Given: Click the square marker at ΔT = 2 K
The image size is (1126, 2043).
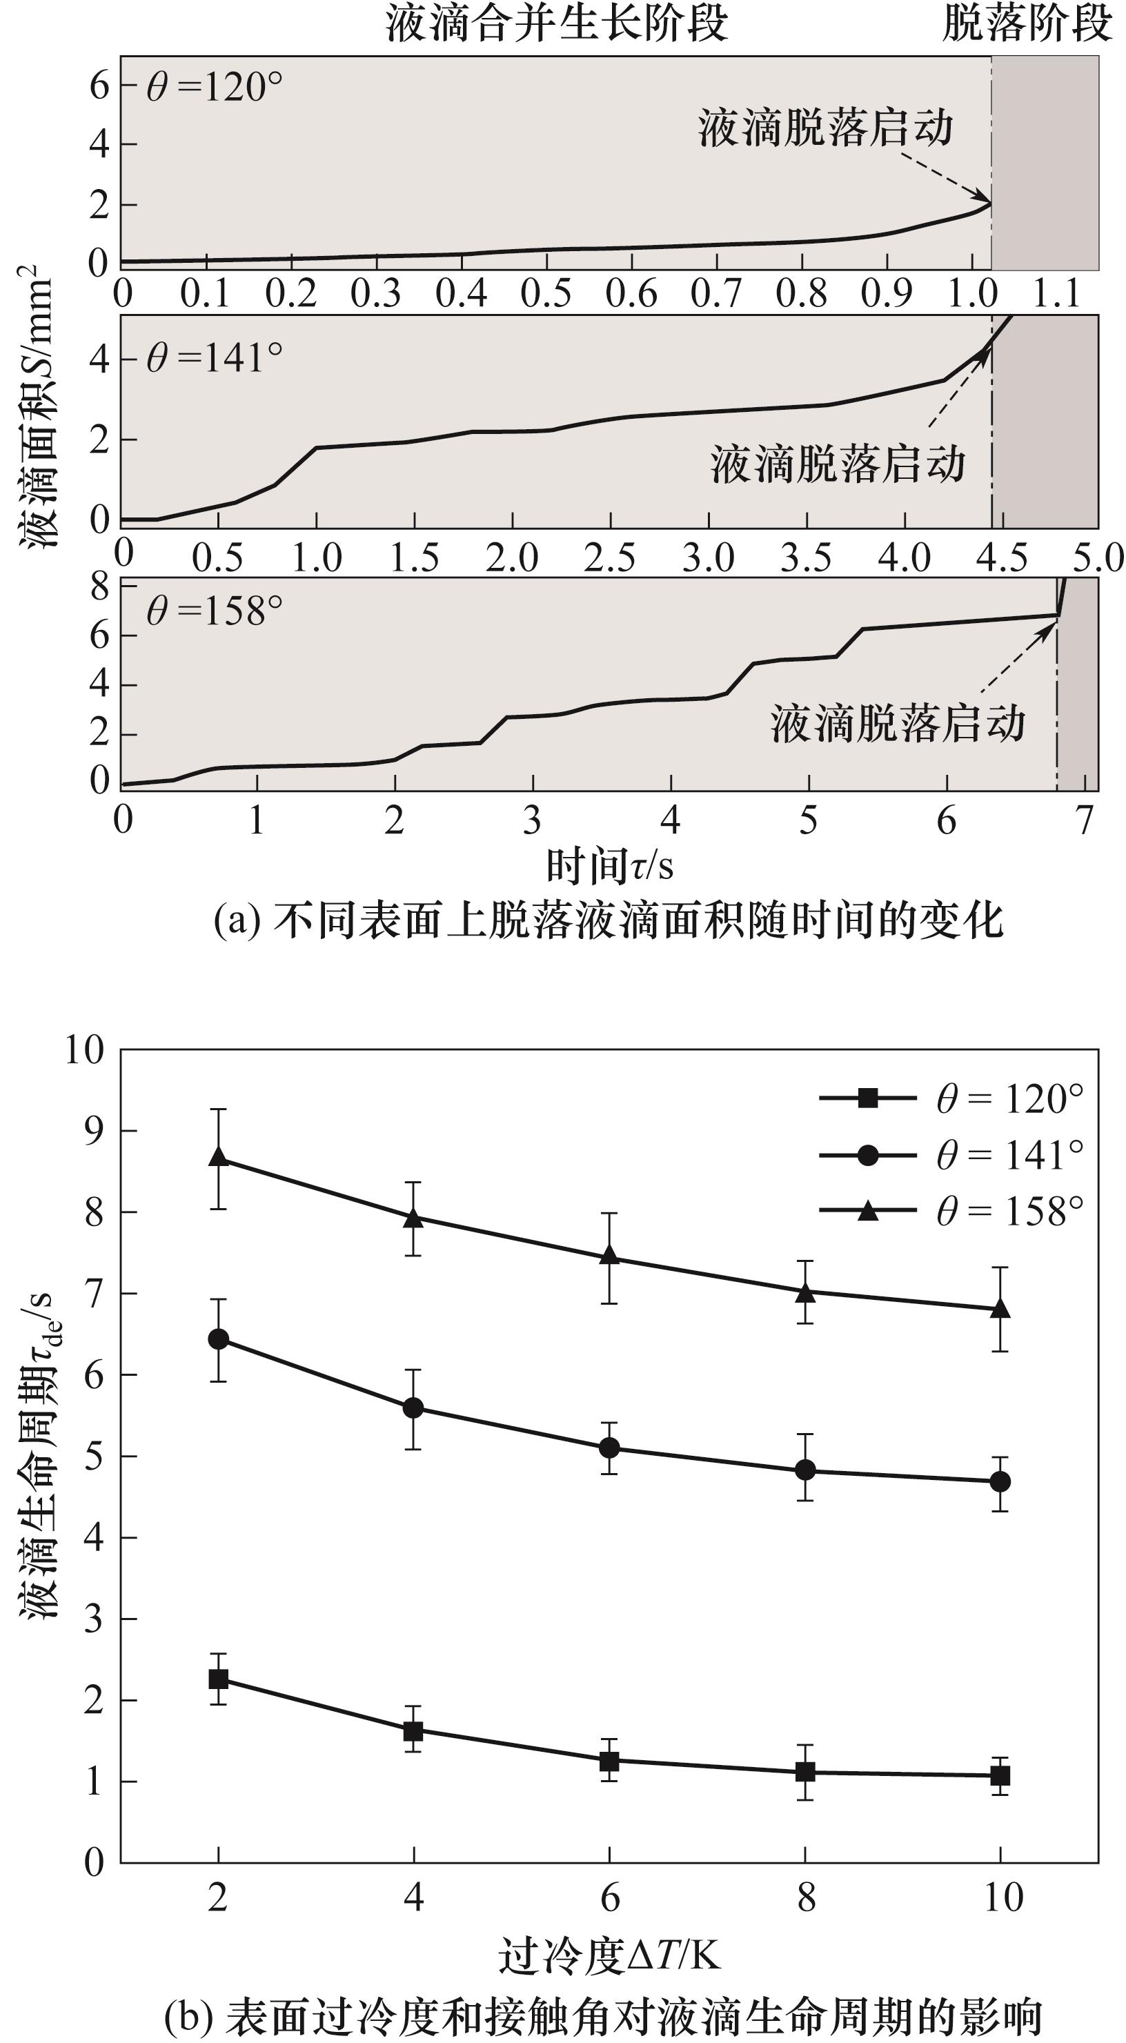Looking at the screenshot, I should pos(218,1678).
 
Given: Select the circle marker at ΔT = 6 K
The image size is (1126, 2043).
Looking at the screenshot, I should pos(609,1448).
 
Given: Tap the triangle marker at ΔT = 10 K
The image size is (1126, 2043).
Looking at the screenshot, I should pos(1000,1307).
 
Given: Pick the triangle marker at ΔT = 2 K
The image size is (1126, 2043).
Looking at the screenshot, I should pos(218,1156).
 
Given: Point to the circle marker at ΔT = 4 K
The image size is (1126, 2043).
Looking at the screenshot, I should pos(413,1408).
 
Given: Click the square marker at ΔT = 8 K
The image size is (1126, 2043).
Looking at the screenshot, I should pos(805,1772).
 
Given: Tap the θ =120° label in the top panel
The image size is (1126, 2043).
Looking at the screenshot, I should pos(214,86).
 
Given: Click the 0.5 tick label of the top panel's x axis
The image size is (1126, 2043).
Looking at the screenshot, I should pos(546,293).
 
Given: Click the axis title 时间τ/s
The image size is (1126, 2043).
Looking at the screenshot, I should pos(609,865).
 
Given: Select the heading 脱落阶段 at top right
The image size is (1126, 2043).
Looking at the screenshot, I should pos(1027,23).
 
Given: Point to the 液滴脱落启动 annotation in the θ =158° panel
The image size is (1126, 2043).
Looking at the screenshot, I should pos(898,723).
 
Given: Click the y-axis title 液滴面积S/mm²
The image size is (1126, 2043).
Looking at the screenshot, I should pos(36,404).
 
